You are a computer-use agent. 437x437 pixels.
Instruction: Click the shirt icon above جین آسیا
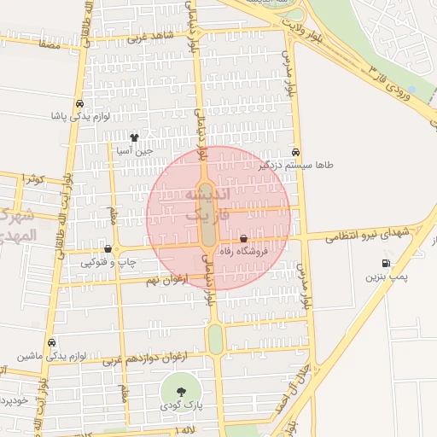click(134, 137)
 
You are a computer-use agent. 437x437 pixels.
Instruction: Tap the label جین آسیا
click(136, 151)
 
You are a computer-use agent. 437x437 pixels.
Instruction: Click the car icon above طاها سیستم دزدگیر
click(295, 150)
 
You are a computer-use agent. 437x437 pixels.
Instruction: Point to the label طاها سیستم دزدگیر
click(295, 165)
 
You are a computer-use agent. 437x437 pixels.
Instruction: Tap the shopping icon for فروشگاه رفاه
click(244, 239)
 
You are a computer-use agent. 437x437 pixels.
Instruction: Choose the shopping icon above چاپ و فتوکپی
click(108, 249)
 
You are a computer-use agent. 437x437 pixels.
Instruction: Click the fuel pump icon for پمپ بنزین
click(387, 263)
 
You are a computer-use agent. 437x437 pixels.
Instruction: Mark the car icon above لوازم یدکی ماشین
click(52, 341)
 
